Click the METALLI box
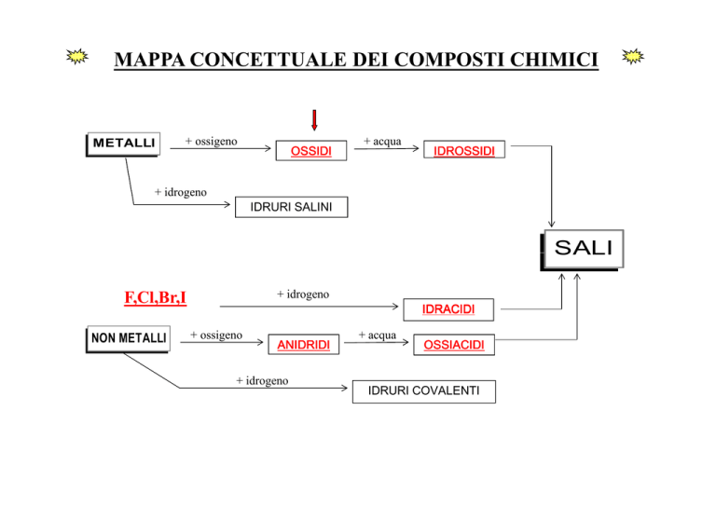tap(121, 144)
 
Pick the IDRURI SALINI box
tap(292, 207)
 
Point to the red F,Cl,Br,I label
tap(156, 298)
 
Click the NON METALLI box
tap(129, 338)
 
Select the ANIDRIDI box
tap(303, 346)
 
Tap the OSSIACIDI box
tap(454, 346)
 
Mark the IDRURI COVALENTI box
tap(423, 391)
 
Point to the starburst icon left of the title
tap(80, 58)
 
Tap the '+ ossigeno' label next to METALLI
tap(211, 142)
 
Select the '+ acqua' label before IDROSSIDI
tap(382, 142)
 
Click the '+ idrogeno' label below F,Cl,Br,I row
tap(303, 294)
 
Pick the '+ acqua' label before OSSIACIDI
tap(377, 334)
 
